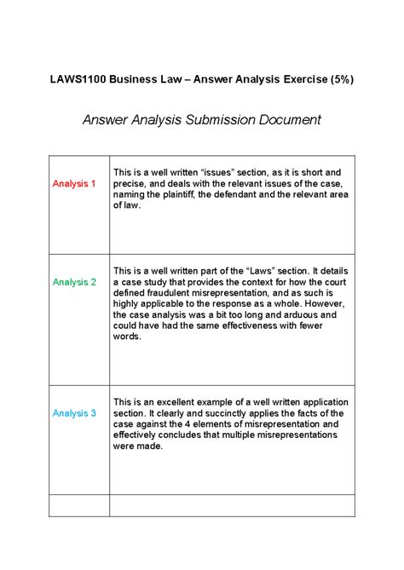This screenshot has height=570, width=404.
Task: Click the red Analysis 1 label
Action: pyautogui.click(x=74, y=183)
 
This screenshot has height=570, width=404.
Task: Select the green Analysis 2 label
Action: pyautogui.click(x=74, y=281)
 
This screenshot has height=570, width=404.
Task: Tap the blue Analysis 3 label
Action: pyautogui.click(x=74, y=413)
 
